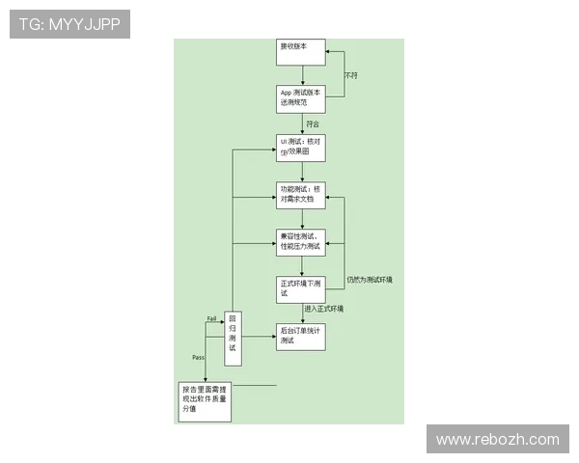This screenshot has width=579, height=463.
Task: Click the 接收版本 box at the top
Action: (301, 51)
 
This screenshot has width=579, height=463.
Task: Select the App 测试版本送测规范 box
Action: (301, 98)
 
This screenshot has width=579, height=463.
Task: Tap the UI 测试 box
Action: (301, 148)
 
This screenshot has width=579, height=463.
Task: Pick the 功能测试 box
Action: (301, 194)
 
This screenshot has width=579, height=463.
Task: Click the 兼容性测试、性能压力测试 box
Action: (301, 241)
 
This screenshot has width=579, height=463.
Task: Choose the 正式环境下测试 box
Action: (301, 288)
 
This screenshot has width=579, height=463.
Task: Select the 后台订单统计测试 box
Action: (301, 336)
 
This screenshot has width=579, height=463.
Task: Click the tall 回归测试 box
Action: (233, 338)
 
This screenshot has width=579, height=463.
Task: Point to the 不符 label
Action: (351, 75)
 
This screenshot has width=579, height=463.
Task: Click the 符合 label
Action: (312, 123)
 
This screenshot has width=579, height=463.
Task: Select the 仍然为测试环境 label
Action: (369, 280)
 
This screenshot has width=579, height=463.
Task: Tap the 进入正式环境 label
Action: (324, 309)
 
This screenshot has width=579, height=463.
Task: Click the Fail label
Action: (211, 318)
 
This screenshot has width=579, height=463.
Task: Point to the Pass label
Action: (198, 357)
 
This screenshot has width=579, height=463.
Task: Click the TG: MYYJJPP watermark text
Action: (69, 24)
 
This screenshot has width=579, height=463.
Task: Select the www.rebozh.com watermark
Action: (497, 440)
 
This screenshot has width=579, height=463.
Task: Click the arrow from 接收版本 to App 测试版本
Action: (302, 75)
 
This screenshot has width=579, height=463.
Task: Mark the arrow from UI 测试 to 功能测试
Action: (302, 171)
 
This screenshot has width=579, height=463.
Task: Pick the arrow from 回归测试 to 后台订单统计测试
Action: (259, 336)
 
